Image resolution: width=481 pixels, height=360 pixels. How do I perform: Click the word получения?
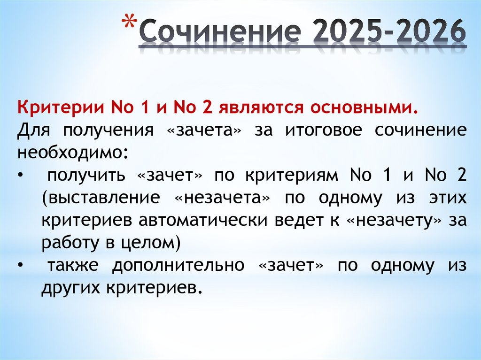click(x=108, y=130)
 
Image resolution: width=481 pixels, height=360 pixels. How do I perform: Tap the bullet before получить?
click(x=20, y=176)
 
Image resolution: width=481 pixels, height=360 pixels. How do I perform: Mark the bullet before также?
click(x=20, y=266)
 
